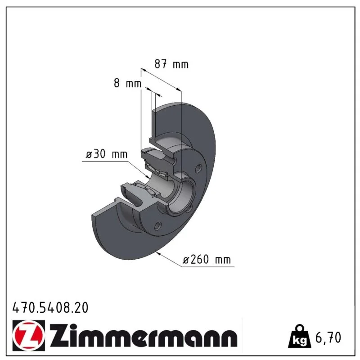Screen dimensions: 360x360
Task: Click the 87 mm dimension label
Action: pos(171,64)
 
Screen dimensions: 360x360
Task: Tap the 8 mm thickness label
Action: pos(128,83)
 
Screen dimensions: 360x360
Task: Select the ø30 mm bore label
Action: pos(107,154)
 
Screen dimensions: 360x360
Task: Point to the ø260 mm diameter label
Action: pos(207,260)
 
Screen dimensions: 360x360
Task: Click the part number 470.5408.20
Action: pos(50,308)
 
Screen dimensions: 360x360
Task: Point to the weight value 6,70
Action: pos(328,337)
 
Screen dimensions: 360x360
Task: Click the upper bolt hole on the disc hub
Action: pos(198,168)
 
